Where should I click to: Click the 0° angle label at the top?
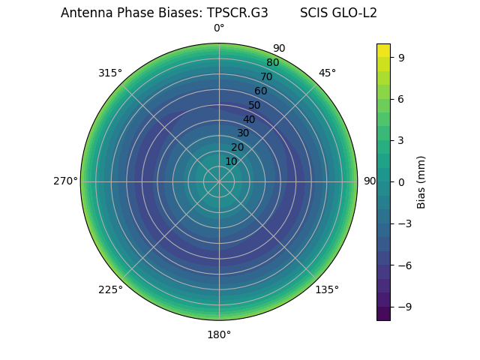219,28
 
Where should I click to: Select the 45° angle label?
327,73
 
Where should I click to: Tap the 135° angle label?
327,289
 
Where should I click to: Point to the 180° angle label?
219,334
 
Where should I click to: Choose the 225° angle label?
110,289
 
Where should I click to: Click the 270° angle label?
65,181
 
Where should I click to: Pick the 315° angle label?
110,73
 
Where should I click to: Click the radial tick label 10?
231,161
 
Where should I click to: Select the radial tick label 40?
249,119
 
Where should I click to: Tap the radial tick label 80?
272,63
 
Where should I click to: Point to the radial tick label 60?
260,91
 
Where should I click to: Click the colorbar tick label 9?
401,57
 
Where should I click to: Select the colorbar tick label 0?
401,181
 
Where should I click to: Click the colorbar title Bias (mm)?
421,181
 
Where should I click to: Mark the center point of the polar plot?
219,181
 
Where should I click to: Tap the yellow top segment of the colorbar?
383,49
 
